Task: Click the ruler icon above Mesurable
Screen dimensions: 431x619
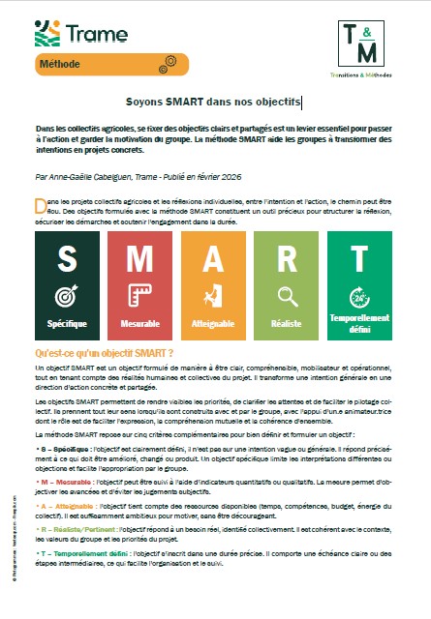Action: click(140, 295)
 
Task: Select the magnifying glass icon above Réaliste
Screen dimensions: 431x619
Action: click(287, 295)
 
